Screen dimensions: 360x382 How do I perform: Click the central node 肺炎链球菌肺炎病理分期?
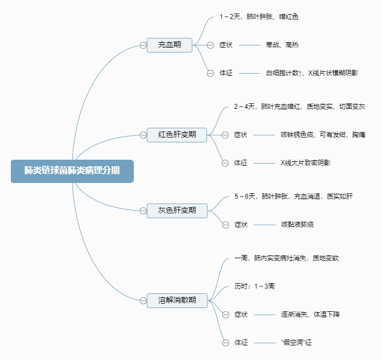(72, 171)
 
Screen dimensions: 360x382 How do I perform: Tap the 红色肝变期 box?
(177, 135)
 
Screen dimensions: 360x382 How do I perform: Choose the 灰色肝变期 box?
(177, 210)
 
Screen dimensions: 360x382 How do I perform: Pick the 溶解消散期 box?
(177, 300)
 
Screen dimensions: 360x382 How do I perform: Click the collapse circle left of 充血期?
(143, 45)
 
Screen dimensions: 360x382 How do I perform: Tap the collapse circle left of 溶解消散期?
(143, 300)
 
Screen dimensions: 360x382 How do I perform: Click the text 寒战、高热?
(282, 45)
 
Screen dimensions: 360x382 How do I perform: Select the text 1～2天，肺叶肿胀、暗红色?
(258, 17)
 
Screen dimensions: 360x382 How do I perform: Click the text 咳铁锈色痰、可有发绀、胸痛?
(322, 135)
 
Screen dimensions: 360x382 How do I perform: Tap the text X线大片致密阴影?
(305, 162)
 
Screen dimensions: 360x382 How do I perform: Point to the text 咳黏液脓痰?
(297, 224)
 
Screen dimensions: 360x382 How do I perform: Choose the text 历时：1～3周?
(254, 286)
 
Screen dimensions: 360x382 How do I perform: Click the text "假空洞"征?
(297, 342)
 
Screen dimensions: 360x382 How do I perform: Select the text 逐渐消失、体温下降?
(310, 314)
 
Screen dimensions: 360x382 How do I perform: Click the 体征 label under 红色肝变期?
(241, 162)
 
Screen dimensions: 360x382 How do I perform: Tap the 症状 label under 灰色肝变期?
(241, 224)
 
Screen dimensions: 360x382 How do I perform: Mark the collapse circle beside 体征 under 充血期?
(211, 73)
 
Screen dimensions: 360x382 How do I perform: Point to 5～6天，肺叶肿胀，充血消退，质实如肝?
(293, 196)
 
